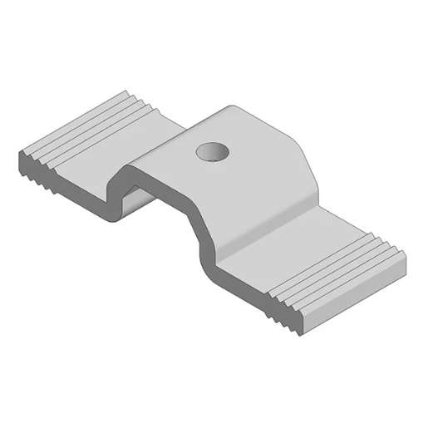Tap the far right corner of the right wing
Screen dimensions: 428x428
[407, 266]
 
